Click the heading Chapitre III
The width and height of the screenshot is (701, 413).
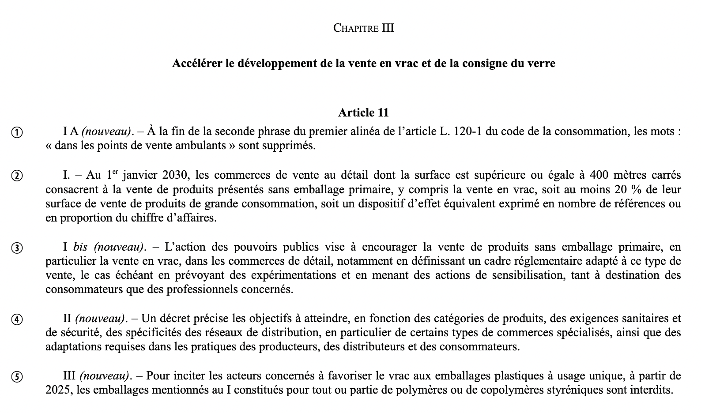point(363,28)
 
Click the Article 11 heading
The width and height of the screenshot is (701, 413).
point(363,113)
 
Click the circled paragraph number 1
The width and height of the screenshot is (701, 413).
point(17,132)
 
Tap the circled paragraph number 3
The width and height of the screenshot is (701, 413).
point(17,248)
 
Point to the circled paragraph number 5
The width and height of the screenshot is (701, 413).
point(17,377)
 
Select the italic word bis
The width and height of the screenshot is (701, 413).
point(80,247)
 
